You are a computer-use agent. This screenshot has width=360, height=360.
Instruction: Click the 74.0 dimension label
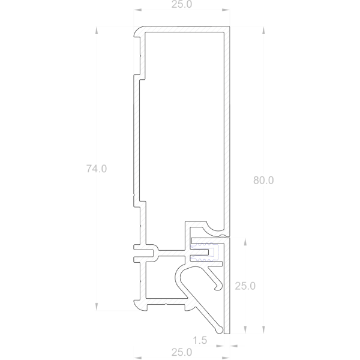(x=96, y=169)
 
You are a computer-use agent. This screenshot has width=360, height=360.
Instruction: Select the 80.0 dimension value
(x=263, y=180)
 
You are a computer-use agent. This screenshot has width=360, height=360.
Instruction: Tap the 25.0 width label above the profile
(x=181, y=5)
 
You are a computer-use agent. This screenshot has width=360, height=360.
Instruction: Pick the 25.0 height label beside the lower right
(x=245, y=286)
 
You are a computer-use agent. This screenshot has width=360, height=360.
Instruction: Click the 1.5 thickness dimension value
(x=200, y=340)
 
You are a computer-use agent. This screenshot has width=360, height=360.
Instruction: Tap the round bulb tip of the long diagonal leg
(x=226, y=330)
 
